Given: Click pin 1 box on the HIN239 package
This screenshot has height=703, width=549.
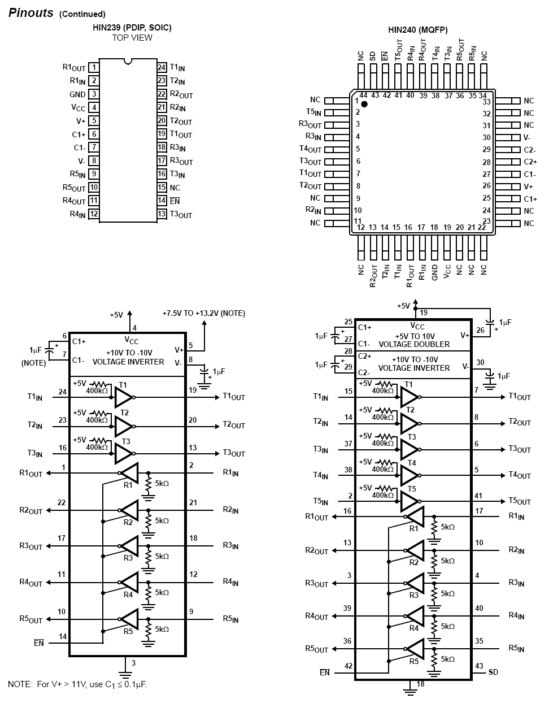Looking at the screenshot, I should (94, 68).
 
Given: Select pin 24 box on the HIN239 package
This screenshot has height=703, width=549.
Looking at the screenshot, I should (162, 68).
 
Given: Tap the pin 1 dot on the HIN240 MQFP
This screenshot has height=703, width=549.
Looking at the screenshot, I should (364, 104).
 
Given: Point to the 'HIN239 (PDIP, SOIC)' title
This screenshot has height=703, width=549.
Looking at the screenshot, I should (132, 27).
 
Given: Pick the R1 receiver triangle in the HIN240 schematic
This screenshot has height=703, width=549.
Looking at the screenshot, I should (415, 517).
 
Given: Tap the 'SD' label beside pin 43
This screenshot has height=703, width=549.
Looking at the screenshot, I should (493, 672).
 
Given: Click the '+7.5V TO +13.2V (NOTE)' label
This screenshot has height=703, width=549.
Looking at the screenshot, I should (203, 313).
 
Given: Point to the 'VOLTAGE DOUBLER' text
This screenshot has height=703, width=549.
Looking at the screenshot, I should (414, 344).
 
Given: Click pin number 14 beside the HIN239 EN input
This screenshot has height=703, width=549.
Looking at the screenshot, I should (63, 636).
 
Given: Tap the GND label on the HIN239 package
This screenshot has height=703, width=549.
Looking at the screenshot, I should (77, 94).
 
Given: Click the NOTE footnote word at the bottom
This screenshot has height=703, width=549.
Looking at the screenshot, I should (20, 684).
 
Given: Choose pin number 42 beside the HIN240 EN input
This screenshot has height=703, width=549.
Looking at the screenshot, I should (348, 666).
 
